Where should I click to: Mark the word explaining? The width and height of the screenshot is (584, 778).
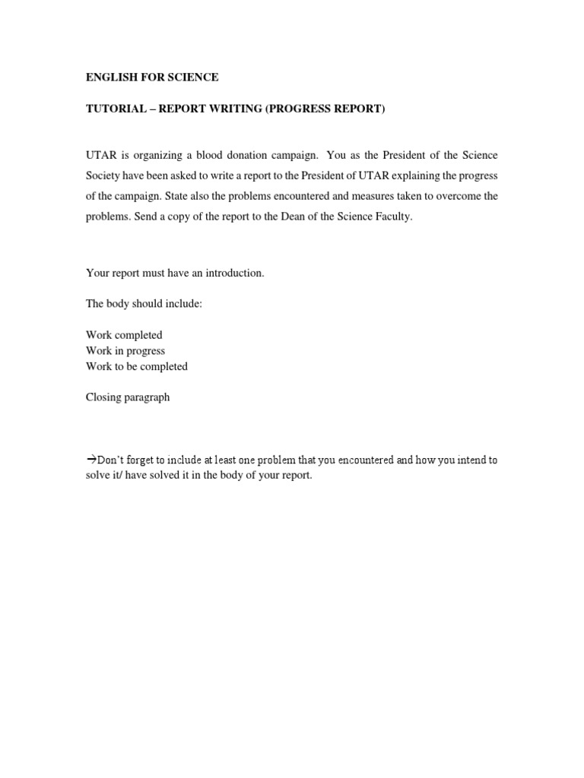pos(417,176)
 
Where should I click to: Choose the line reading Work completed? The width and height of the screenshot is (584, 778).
pos(124,335)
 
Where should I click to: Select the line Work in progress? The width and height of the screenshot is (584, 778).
pos(125,351)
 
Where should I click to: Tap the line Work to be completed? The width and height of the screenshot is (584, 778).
pos(137,366)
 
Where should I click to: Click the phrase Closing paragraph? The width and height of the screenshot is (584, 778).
pos(128,397)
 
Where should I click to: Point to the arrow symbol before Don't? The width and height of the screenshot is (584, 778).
pos(90,460)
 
